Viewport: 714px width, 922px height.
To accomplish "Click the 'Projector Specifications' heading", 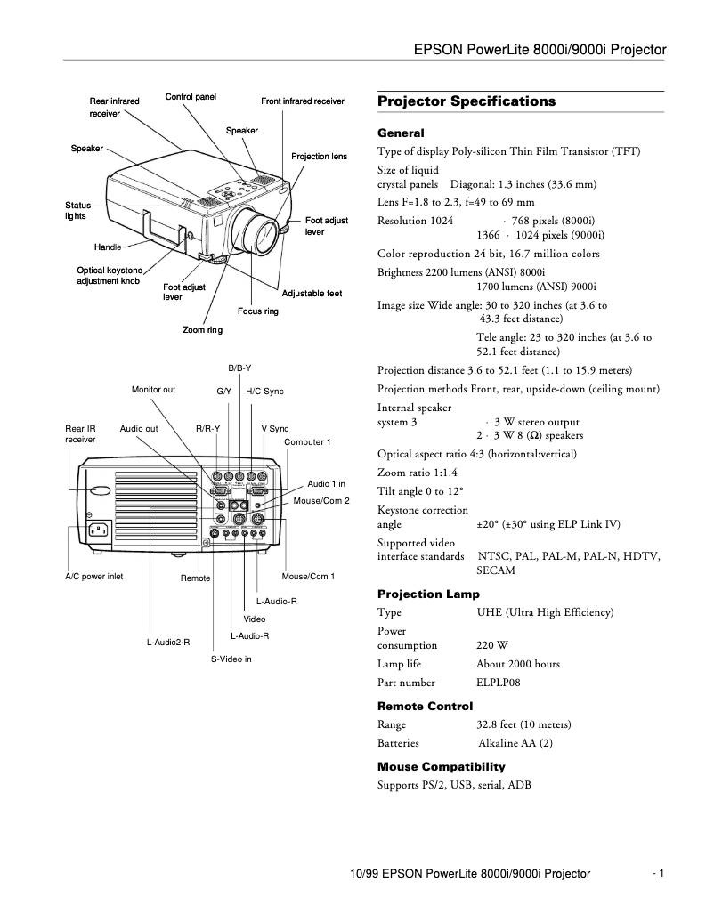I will pyautogui.click(x=467, y=101).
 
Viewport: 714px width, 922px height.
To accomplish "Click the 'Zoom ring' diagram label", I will pyautogui.click(x=202, y=330).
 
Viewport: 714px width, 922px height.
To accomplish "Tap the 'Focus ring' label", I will pyautogui.click(x=258, y=311).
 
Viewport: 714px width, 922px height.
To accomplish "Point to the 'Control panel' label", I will pyautogui.click(x=191, y=96).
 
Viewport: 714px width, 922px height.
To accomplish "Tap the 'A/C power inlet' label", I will pyautogui.click(x=94, y=577).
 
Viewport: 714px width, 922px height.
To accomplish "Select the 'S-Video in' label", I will pyautogui.click(x=231, y=659).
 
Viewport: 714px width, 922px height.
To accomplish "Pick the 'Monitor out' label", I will pyautogui.click(x=153, y=390).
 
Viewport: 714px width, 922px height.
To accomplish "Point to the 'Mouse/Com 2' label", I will pyautogui.click(x=321, y=501).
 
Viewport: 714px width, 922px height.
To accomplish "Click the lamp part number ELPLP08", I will pyautogui.click(x=499, y=683).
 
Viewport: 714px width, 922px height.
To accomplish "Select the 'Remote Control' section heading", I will pyautogui.click(x=425, y=707).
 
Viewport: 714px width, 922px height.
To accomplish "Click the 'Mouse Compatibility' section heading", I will pyautogui.click(x=441, y=766).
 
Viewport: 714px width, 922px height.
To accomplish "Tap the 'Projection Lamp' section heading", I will pyautogui.click(x=428, y=594).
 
